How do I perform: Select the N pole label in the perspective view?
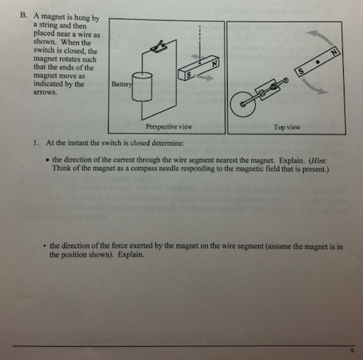pyautogui.click(x=214, y=62)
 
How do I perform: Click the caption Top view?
pyautogui.click(x=287, y=126)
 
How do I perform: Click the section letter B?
pyautogui.click(x=24, y=13)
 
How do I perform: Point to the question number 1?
pyautogui.click(x=35, y=141)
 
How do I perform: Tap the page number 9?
pyautogui.click(x=352, y=350)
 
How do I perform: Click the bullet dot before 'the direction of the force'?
pyautogui.click(x=45, y=245)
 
